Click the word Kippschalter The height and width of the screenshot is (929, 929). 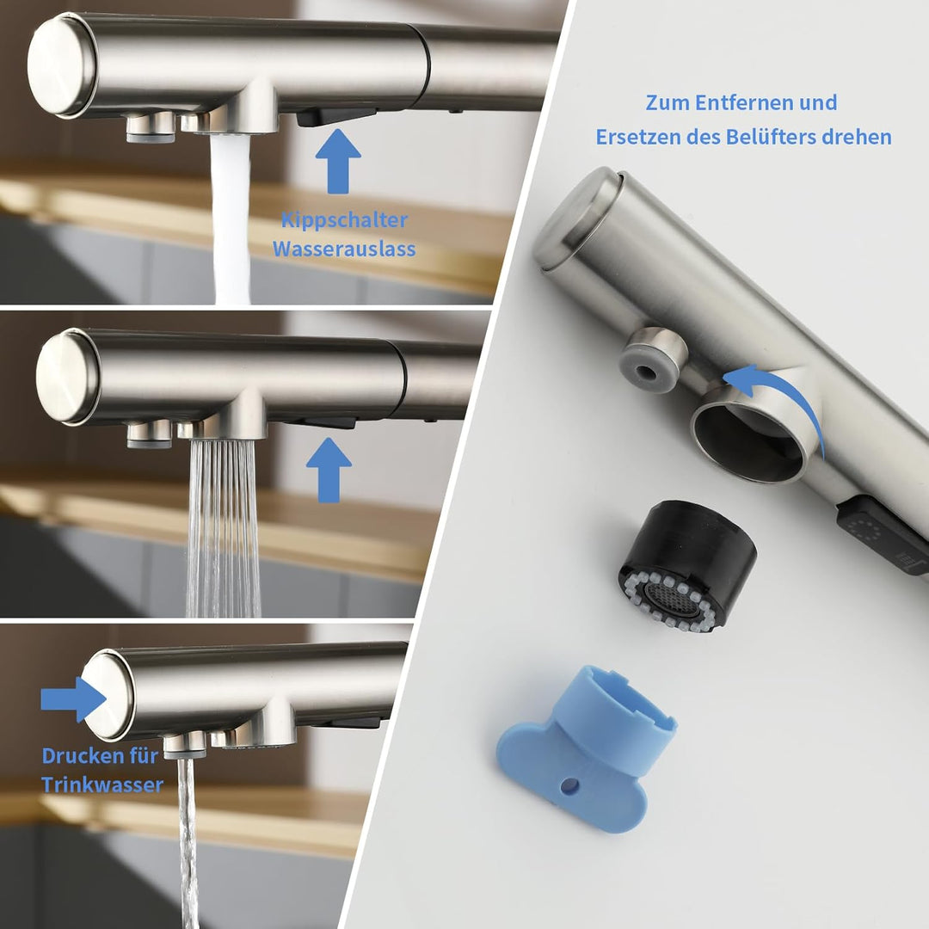point(344,220)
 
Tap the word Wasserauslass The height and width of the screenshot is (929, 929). point(344,249)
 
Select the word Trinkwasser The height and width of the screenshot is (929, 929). point(102,785)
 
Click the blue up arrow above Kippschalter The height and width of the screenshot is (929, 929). point(338,161)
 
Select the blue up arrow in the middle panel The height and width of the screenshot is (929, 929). point(329,470)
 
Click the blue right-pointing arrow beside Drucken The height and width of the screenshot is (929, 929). point(73,699)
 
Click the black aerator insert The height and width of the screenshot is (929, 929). point(687,566)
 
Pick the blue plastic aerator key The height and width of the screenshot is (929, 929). point(587,749)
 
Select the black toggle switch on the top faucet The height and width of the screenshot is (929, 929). point(335,116)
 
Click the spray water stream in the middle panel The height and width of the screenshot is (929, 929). point(224,527)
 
